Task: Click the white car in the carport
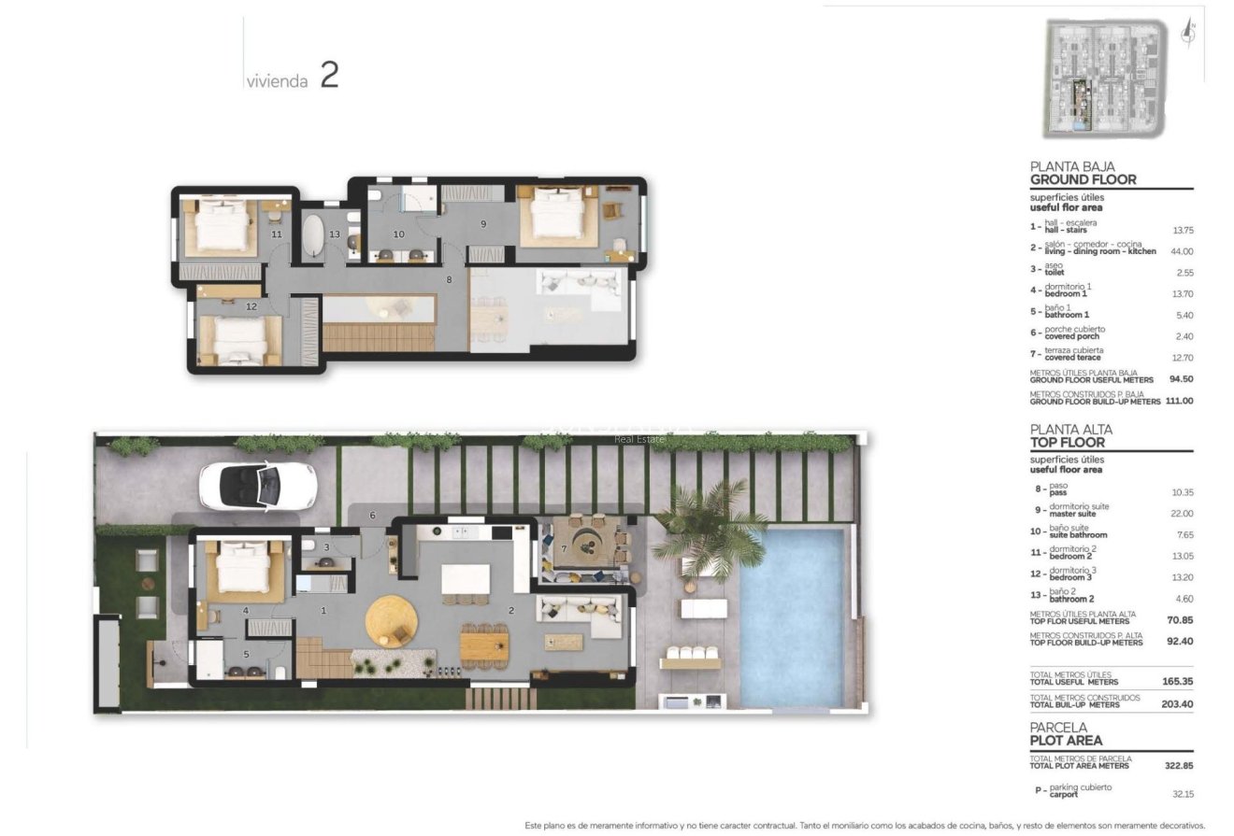[x=257, y=486]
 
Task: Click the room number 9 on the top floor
[x=483, y=224]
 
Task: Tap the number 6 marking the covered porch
[x=371, y=516]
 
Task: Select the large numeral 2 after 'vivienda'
[x=329, y=75]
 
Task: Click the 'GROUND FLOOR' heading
[x=1083, y=179]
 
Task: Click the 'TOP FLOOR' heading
[x=1067, y=443]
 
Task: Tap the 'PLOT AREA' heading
[x=1066, y=741]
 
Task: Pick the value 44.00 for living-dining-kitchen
[x=1182, y=251]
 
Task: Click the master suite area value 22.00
[x=1182, y=514]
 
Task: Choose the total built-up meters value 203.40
[x=1178, y=704]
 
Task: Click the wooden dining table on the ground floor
[x=485, y=644]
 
